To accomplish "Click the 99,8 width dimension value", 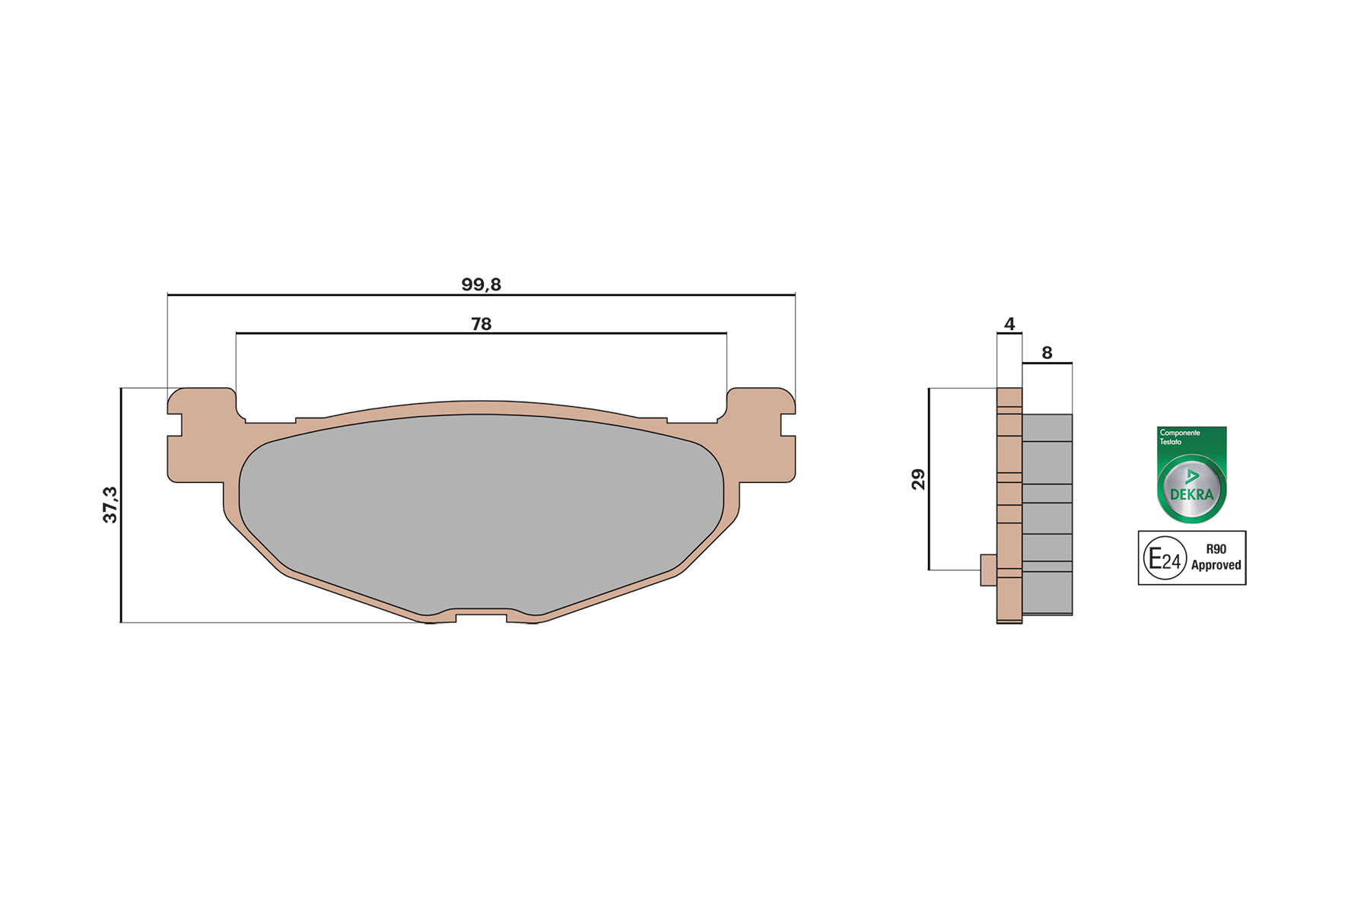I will pos(481,284).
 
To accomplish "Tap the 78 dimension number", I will pos(481,324).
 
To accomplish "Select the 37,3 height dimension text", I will pos(110,505).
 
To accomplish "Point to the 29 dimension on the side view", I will pos(918,479).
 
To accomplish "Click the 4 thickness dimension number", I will pos(1009,324).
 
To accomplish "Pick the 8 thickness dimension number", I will pos(1047,353).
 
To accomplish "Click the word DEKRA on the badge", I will pos(1191,494).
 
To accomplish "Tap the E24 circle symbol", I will pos(1165,559).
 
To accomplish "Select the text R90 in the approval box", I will pos(1216,549).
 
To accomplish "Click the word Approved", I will pos(1216,565).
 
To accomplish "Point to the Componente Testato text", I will pos(1179,437).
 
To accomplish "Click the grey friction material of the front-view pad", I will pos(481,510).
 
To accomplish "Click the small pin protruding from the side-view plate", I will pos(988,570).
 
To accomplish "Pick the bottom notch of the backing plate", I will pos(481,616).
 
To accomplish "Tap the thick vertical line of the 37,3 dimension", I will pos(121,505).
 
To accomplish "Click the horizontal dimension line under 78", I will pos(481,333).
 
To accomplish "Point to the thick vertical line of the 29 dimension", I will pos(929,479).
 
